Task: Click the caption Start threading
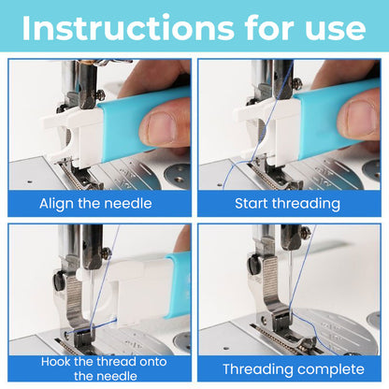tap(289, 203)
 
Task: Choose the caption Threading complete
tap(289, 368)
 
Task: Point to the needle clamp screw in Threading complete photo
tap(305, 233)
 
